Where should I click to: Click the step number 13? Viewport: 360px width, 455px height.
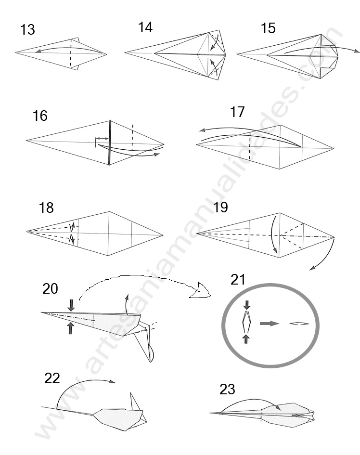[27, 30]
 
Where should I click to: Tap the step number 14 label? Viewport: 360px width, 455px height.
[145, 27]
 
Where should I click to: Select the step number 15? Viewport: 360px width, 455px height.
[268, 28]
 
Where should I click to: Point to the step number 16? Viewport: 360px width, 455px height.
[40, 116]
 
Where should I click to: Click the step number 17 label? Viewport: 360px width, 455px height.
[237, 112]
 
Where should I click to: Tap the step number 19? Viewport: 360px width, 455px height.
[220, 208]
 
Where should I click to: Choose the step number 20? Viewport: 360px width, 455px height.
[50, 288]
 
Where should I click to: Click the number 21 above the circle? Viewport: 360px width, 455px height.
[238, 279]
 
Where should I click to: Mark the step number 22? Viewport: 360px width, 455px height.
[52, 378]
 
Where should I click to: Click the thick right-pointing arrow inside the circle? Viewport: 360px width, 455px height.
[269, 323]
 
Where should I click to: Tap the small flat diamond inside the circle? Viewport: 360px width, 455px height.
[298, 324]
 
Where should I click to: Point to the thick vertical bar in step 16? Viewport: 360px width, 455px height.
[110, 142]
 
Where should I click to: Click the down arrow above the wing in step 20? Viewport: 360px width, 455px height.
[71, 305]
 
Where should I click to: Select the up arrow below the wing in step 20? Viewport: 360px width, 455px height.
[71, 328]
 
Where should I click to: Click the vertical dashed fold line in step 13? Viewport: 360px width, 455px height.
[71, 53]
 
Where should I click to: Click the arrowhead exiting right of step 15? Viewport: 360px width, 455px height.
[356, 51]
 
